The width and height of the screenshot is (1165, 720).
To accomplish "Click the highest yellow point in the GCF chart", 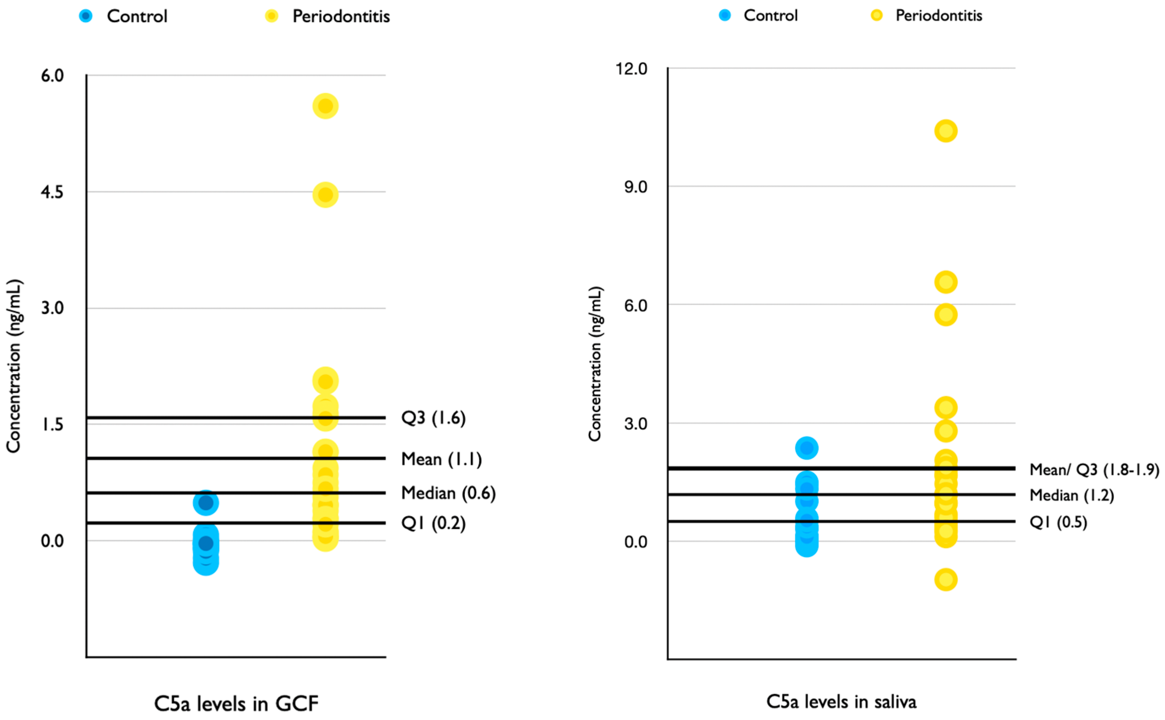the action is tap(325, 106).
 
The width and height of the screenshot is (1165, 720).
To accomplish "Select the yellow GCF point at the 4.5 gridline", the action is tap(325, 195).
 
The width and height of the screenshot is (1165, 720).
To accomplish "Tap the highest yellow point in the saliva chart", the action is tap(946, 131).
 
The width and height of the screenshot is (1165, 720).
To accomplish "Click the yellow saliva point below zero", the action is tap(946, 579).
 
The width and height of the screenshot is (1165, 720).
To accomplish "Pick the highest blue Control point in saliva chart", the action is tap(807, 448).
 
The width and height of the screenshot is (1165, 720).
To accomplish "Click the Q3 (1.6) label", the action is tap(433, 418).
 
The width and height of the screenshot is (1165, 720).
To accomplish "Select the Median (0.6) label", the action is tap(448, 493).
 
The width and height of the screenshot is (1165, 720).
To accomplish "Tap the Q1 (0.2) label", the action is tap(433, 523).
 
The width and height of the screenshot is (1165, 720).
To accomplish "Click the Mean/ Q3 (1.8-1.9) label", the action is tap(1094, 470).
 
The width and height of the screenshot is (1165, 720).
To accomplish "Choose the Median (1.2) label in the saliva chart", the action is tap(1071, 495).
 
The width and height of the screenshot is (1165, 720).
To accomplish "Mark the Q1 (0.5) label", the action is tap(1058, 522).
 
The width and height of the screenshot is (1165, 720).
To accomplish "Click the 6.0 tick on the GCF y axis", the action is tap(52, 75).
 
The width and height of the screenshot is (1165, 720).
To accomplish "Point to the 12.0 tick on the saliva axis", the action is tap(631, 68).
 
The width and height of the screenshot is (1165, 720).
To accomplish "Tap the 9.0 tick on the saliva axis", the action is tap(636, 187).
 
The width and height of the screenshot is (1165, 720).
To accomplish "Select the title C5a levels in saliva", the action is tap(841, 701).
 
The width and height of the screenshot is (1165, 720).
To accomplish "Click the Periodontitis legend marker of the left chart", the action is tap(271, 16).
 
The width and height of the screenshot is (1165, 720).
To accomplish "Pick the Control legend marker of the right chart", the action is tap(725, 15).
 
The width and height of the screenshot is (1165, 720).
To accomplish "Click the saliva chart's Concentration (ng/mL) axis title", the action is tap(595, 364).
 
